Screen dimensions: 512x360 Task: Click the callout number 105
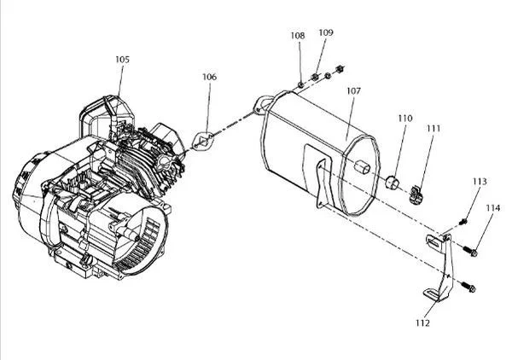coord(122,60)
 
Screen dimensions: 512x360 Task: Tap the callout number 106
coord(209,77)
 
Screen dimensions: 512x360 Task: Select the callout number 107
coord(353,90)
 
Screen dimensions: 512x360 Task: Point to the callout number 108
coord(298,35)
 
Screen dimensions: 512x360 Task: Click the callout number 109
coord(326,32)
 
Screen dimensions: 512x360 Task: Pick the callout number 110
coord(405,118)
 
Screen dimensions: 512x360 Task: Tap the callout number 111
coord(433,128)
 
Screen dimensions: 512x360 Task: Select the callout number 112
coord(422,322)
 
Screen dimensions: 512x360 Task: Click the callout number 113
coord(480,182)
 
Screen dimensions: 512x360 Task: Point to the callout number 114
coord(492,208)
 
